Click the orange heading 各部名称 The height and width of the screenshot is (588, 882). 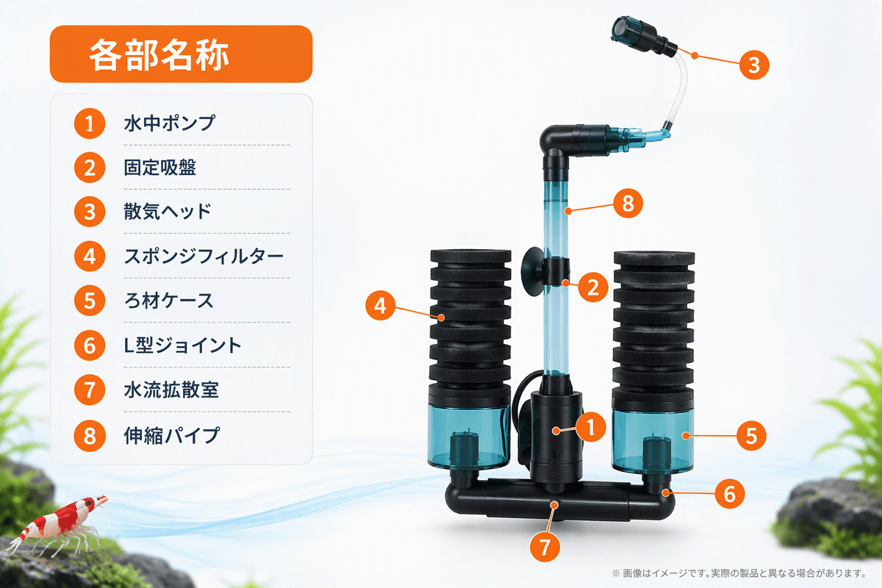tap(159, 54)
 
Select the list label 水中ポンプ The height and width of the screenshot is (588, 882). tap(170, 123)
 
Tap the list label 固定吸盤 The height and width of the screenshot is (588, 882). tap(160, 168)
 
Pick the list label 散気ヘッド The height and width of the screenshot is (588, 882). tap(168, 212)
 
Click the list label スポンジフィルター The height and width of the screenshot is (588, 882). tap(204, 257)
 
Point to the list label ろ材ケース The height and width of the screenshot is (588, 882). tap(169, 301)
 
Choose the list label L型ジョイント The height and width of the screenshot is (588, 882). tap(182, 345)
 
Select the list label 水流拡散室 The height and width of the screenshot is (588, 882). tap(171, 390)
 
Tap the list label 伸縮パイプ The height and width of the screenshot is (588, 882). tap(172, 436)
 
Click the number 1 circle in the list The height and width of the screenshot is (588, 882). tap(90, 123)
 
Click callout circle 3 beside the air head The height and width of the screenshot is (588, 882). tap(754, 65)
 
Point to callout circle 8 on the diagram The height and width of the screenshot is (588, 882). tap(628, 203)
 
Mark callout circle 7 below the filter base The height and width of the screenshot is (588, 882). tap(545, 547)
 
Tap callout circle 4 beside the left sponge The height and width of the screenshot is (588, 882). tap(381, 305)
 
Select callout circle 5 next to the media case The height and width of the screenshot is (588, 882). tap(751, 436)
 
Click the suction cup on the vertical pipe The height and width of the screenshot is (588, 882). tap(534, 271)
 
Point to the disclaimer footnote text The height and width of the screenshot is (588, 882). tap(739, 573)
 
